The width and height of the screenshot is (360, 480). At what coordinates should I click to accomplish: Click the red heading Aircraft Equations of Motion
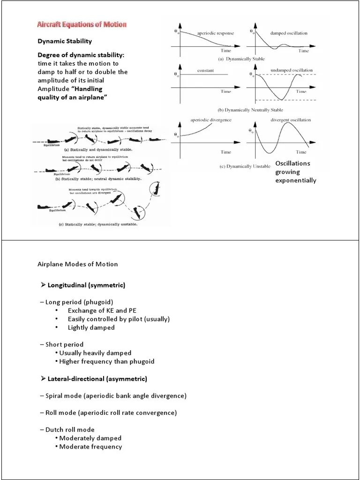point(82,24)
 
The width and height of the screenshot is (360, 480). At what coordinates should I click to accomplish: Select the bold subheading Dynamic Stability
point(65,41)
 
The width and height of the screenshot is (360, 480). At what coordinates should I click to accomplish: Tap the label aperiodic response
point(216,33)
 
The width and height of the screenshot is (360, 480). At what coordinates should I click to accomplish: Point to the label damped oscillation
point(289,33)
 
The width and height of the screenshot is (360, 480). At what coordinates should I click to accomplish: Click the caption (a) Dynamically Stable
point(241,59)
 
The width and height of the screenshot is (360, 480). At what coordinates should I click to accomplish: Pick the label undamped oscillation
point(292,70)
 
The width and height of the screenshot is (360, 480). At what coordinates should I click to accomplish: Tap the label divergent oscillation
point(291,120)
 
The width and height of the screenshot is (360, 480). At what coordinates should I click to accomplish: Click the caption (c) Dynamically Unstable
point(245,166)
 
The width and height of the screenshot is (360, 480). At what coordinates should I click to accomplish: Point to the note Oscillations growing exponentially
point(295,172)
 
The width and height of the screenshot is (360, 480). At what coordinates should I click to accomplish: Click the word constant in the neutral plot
point(205,70)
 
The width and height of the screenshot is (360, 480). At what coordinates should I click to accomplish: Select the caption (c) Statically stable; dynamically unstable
point(97,225)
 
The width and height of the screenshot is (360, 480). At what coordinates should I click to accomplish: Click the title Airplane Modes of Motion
point(78,264)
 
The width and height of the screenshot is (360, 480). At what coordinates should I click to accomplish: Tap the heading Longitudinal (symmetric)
point(86,285)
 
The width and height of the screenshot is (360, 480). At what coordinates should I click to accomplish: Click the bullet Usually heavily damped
point(95,352)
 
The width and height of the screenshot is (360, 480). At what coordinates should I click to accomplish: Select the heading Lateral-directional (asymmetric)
point(97,378)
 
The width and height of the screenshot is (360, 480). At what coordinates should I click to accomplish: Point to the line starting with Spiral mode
point(116,396)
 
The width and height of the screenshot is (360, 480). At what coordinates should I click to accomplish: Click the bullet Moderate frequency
point(90,447)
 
